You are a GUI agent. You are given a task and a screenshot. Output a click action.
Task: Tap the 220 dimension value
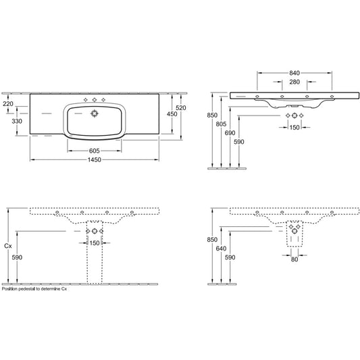coord(8,104)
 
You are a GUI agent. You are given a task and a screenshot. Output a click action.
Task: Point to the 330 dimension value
coord(8,122)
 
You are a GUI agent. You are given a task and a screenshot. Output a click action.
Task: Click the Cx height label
coord(7,247)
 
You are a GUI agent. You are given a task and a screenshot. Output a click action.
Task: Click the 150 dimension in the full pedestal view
coord(95,243)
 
